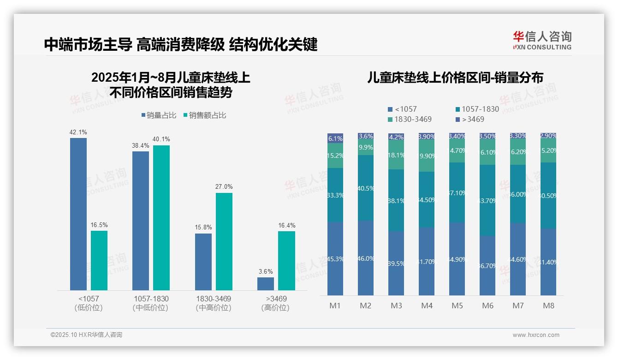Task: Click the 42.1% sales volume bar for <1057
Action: pos(78,214)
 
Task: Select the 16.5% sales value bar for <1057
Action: pos(99,260)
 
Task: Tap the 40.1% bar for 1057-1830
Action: pos(161,217)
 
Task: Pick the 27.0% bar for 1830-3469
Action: pos(224,241)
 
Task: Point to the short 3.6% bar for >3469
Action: pos(266,283)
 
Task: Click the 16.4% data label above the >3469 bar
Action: pos(287,225)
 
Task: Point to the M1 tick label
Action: pos(335,306)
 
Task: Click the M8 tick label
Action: pos(548,306)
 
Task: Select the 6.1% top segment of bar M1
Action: pos(335,138)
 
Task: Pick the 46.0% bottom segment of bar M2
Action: pos(366,258)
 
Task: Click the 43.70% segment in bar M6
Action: pos(487,200)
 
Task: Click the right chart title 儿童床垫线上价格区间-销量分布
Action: pos(455,78)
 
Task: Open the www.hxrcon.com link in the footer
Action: pos(536,335)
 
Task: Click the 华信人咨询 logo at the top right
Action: pos(542,40)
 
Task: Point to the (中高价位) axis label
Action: pos(213,308)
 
